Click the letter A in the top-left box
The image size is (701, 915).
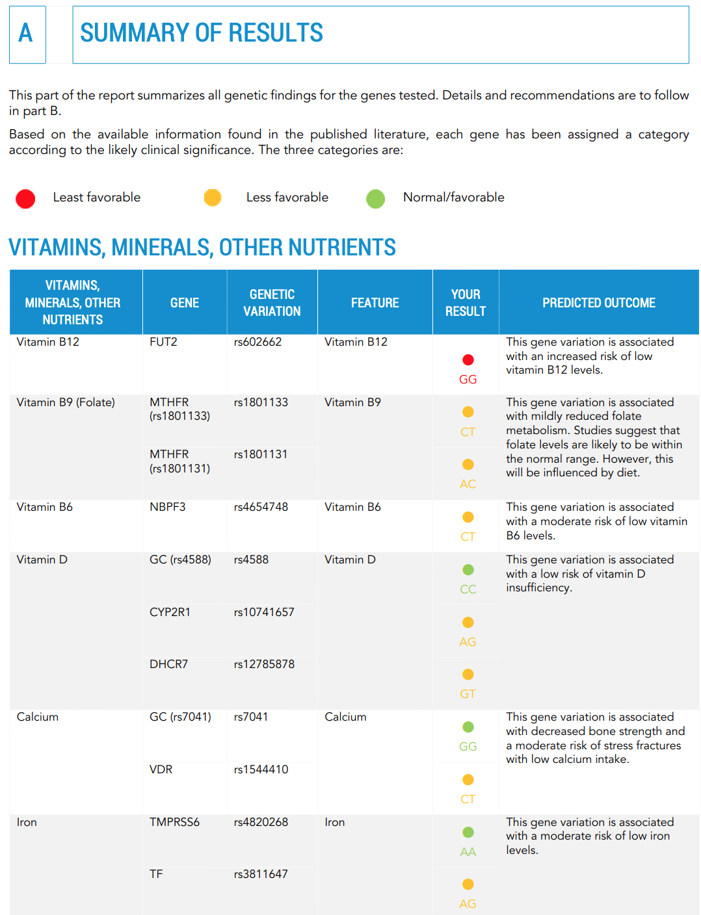coord(26,33)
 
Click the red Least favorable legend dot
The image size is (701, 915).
coord(25,199)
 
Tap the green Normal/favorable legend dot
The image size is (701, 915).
coord(375,199)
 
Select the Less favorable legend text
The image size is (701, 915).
coord(287,198)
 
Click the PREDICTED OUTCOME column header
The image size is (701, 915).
coord(598,303)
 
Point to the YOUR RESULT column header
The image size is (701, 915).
coord(466,303)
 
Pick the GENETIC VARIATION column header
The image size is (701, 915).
coord(272,303)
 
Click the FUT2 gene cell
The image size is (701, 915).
coord(163,342)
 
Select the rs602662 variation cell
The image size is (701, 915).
coord(258,342)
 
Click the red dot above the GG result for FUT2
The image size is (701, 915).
coord(468,360)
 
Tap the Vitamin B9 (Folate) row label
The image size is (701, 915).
coord(66,402)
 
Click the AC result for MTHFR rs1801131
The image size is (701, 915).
coord(468,484)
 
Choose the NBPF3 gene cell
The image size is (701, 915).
coord(167,507)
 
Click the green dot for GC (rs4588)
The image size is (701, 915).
coord(468,570)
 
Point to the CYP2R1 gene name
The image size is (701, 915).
coord(170,612)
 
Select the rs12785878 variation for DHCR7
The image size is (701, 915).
coord(264,664)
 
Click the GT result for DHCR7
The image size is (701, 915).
coord(468,694)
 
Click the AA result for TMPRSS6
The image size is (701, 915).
coord(468,852)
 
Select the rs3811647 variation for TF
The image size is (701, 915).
coord(261,874)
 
